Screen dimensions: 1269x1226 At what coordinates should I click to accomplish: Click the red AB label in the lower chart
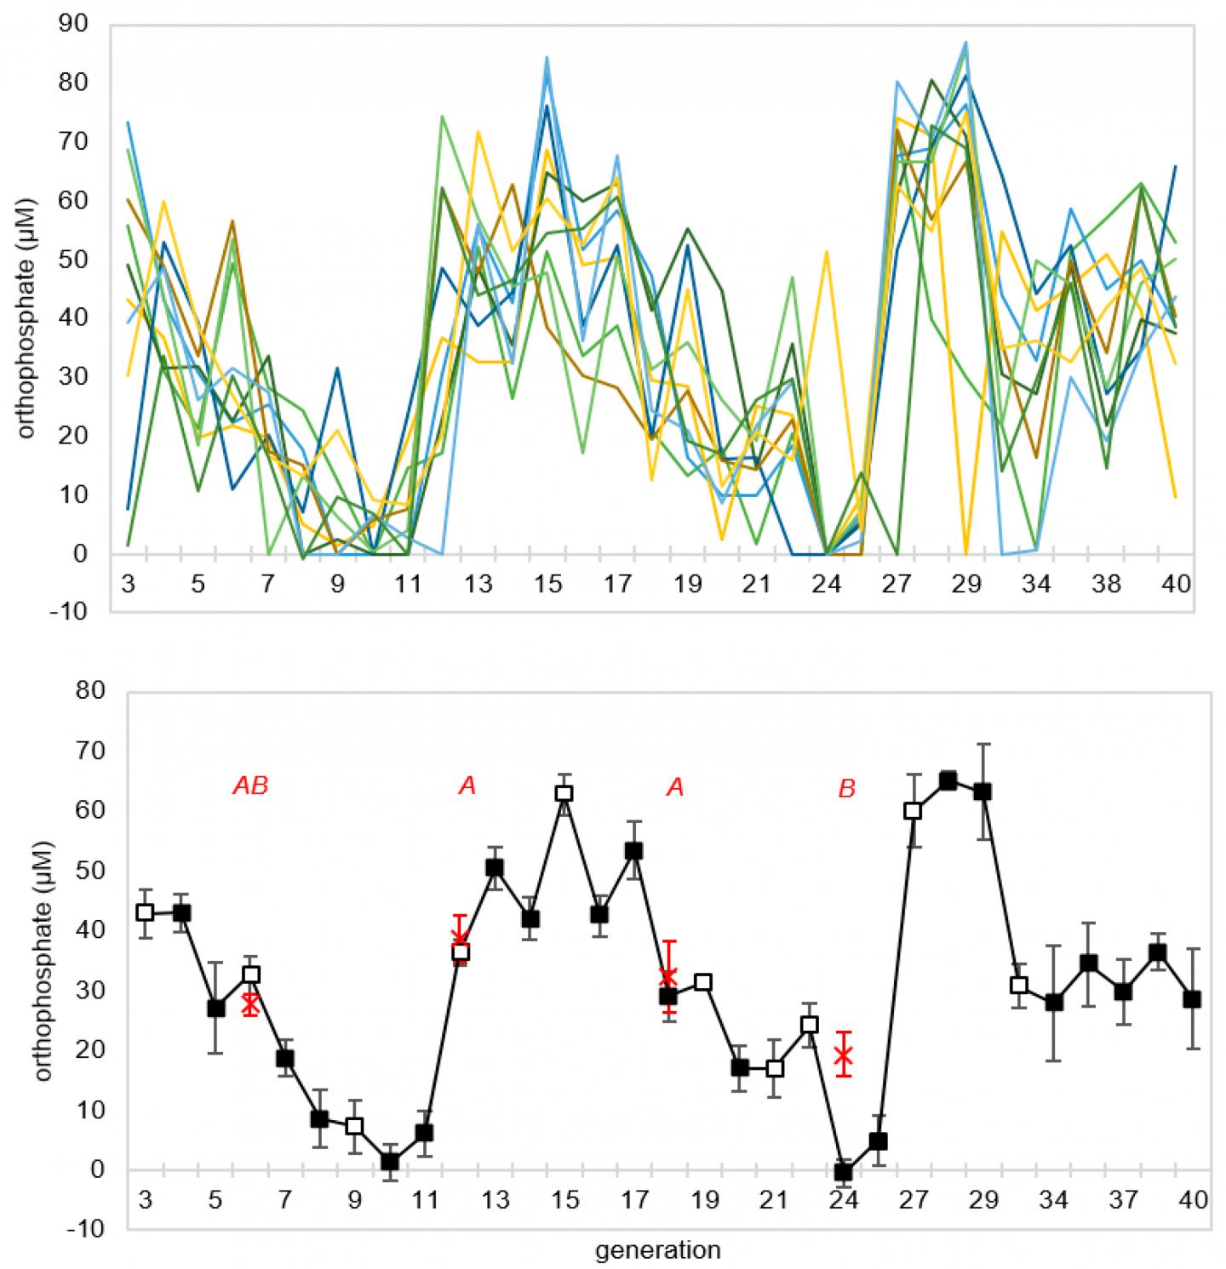pyautogui.click(x=250, y=786)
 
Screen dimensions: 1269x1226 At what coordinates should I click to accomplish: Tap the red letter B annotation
pyautogui.click(x=846, y=790)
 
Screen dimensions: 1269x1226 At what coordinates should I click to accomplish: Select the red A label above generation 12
pyautogui.click(x=467, y=786)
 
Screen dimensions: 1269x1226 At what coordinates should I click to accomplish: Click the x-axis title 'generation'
pyautogui.click(x=657, y=1249)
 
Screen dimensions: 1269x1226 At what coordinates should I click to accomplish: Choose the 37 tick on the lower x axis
pyautogui.click(x=1123, y=1200)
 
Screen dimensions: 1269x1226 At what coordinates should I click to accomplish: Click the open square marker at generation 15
pyautogui.click(x=564, y=793)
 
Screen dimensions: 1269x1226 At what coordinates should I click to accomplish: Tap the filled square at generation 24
pyautogui.click(x=843, y=1172)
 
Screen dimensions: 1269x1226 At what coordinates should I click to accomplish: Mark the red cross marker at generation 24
pyautogui.click(x=843, y=1055)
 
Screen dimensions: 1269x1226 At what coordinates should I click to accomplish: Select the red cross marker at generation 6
pyautogui.click(x=250, y=1003)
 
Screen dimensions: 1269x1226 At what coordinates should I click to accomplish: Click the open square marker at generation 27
pyautogui.click(x=913, y=811)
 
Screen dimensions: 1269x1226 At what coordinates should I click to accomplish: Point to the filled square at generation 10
pyautogui.click(x=390, y=1162)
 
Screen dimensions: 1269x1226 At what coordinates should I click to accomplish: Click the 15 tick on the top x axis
pyautogui.click(x=547, y=586)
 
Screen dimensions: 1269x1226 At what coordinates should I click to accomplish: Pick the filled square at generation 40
pyautogui.click(x=1192, y=999)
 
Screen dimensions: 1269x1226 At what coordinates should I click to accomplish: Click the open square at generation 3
pyautogui.click(x=146, y=912)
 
